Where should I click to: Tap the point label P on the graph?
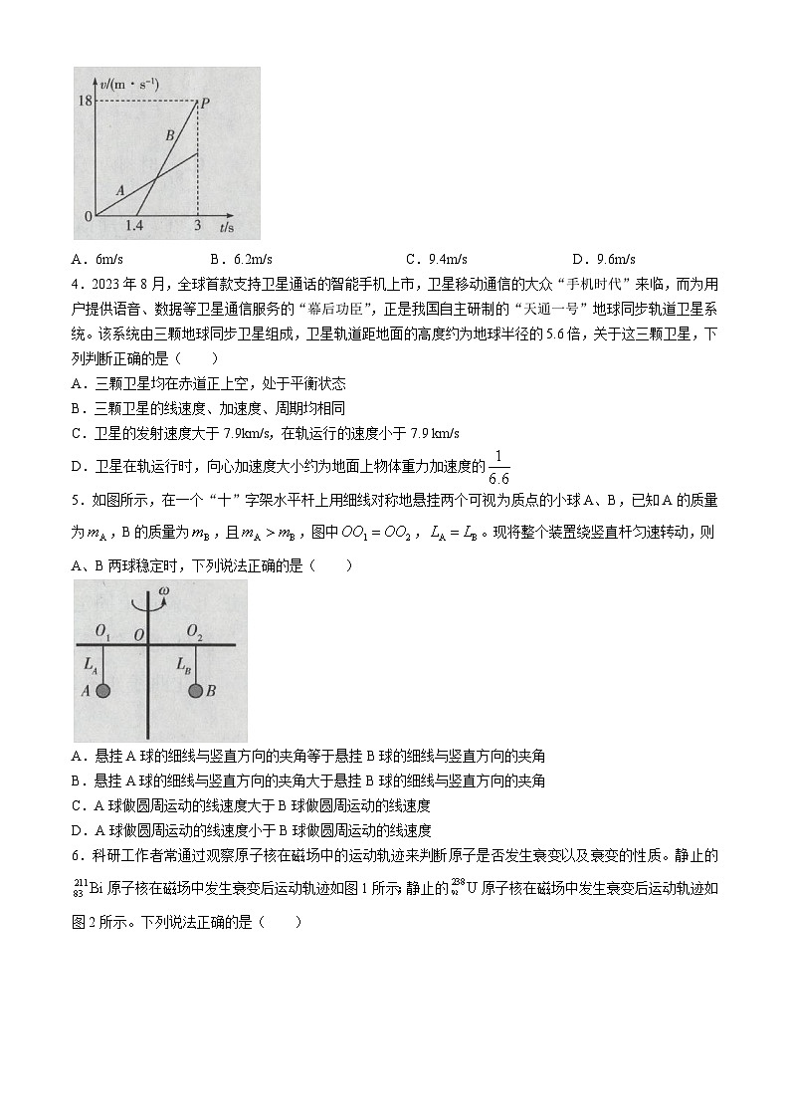(x=204, y=103)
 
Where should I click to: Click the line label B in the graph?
(x=169, y=134)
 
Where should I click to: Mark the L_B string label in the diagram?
(x=183, y=663)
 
